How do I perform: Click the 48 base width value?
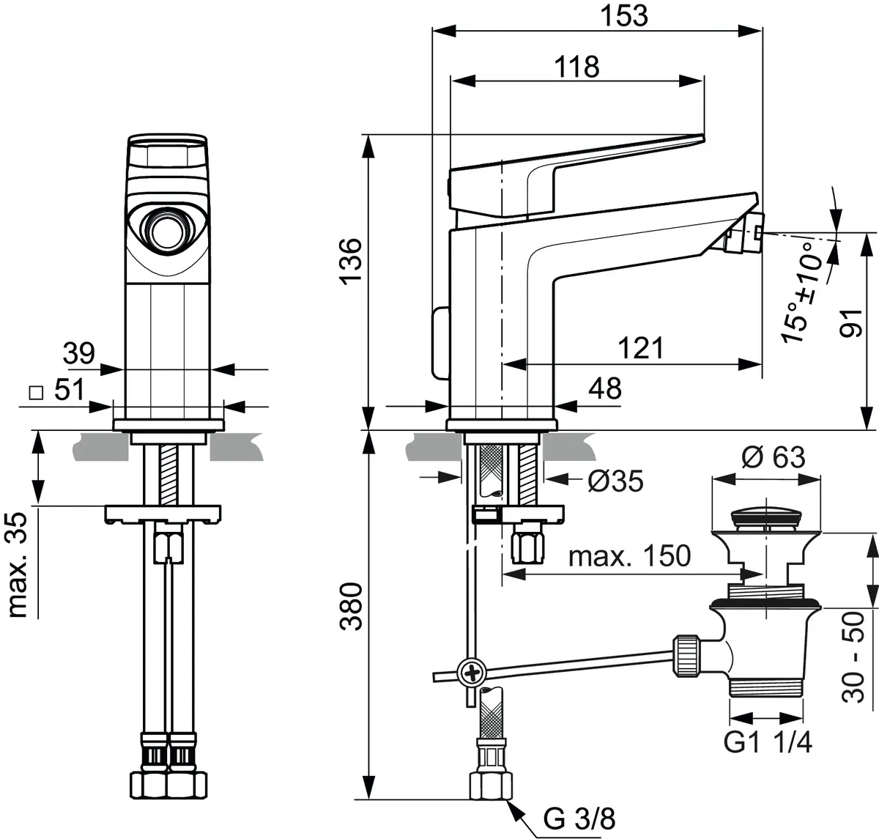(604, 389)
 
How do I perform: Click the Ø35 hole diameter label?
(615, 481)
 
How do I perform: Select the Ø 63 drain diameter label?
(773, 457)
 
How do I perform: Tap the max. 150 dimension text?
(629, 556)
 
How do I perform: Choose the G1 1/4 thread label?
(768, 744)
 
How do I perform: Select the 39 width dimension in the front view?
(78, 354)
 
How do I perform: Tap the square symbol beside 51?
(34, 391)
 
